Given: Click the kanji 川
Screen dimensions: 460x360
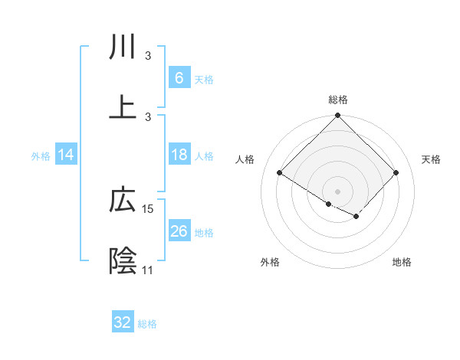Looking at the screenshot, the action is click(x=123, y=47).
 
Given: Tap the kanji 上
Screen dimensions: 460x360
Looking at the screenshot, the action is click(x=123, y=106).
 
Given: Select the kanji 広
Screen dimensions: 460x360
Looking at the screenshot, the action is click(x=123, y=201).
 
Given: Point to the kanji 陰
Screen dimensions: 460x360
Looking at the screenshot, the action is click(x=123, y=261).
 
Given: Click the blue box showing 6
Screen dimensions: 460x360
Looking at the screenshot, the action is click(x=179, y=77).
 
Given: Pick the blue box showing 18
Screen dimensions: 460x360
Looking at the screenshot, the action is click(x=179, y=155).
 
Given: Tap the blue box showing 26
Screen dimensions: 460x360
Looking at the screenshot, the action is click(x=179, y=231).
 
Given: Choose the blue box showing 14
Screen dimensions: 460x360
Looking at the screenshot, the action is click(x=66, y=155).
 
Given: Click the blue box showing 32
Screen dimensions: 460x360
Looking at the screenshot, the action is click(x=123, y=322).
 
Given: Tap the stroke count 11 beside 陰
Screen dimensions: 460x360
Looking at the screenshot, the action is click(x=147, y=270).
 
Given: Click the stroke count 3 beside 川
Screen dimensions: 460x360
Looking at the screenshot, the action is click(x=148, y=56).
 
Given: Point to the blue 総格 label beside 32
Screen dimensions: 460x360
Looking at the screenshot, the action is click(x=147, y=324).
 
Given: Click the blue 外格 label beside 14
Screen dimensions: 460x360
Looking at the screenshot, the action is click(x=41, y=156).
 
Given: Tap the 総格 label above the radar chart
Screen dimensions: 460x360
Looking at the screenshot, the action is click(x=338, y=100).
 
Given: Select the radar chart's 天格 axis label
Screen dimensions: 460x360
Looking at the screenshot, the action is click(x=431, y=159).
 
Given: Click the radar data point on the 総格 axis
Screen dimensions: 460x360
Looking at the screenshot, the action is click(x=338, y=116).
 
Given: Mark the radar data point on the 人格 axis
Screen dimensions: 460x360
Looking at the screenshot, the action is click(x=280, y=173).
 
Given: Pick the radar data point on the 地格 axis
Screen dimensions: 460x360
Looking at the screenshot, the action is click(x=356, y=217).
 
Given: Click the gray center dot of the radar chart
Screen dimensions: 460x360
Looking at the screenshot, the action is click(x=338, y=191).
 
